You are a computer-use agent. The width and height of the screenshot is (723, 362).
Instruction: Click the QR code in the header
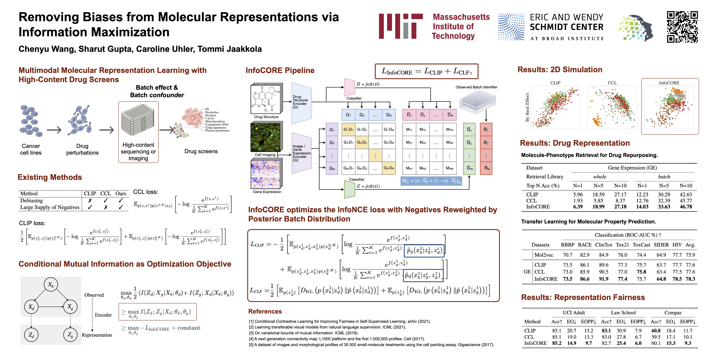tap(682, 27)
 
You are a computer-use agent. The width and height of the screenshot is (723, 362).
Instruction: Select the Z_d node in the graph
tap(31, 335)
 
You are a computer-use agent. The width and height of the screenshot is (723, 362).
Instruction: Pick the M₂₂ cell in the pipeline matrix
tap(423, 143)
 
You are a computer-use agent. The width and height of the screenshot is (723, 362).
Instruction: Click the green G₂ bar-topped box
tap(469, 143)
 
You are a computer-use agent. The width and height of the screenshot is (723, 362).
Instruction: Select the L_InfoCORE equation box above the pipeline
tap(426, 71)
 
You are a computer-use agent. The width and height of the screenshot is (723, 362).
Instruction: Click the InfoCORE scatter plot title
tap(669, 83)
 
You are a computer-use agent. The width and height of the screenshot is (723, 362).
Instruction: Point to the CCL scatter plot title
tap(612, 83)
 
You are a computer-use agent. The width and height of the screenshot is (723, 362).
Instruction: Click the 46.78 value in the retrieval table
tap(686, 207)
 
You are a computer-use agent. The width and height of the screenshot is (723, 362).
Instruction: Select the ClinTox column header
tap(603, 245)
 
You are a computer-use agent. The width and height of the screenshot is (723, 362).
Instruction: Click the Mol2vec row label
tap(544, 255)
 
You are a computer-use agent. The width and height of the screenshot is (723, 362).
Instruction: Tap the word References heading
tap(265, 311)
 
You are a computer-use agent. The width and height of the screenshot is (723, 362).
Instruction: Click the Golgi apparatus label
tap(215, 128)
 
